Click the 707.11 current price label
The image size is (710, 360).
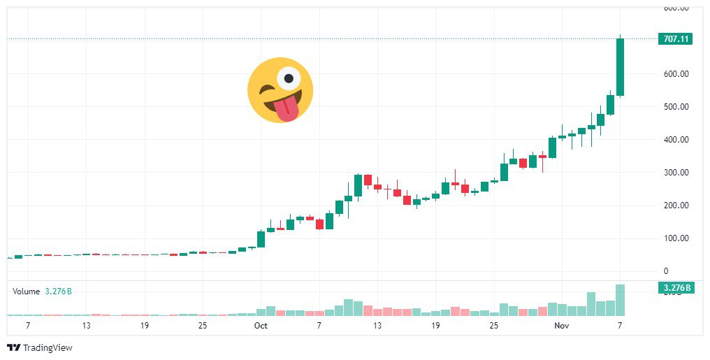tap(674, 39)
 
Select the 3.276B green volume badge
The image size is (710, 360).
tap(674, 288)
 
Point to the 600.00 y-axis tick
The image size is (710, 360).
tap(675, 74)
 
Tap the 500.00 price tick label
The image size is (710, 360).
tap(675, 107)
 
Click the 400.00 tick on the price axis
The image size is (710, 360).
tap(675, 140)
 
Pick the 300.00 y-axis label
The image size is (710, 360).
tap(675, 173)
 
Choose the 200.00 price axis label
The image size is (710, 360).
tap(675, 206)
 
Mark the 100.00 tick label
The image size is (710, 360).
tap(675, 238)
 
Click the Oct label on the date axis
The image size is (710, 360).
tap(261, 326)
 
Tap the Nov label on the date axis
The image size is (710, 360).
tap(561, 326)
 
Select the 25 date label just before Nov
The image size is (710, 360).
tap(493, 326)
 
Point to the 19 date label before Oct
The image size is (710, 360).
tap(144, 326)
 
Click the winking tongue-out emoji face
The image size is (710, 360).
tap(280, 90)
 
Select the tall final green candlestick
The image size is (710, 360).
tap(620, 67)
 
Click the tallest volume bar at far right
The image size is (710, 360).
tap(620, 301)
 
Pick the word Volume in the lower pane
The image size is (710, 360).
tap(26, 291)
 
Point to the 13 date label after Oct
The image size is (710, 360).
tap(377, 326)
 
